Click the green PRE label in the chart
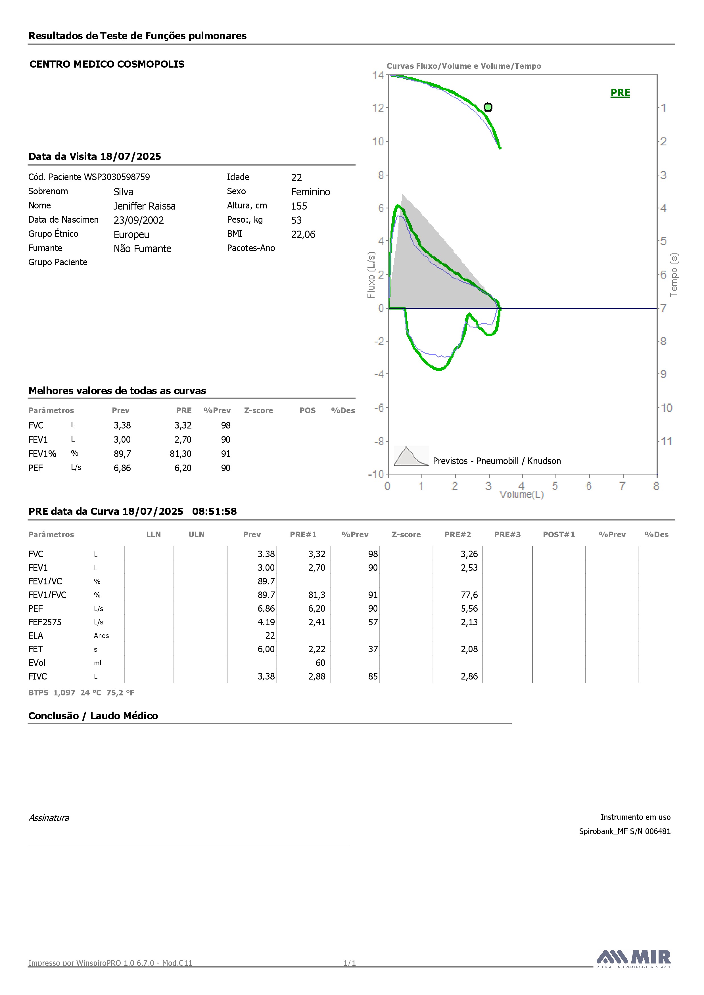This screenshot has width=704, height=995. click(x=620, y=93)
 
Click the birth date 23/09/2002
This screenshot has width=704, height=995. click(x=139, y=220)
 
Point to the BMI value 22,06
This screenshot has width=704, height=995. click(x=303, y=235)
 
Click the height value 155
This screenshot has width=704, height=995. click(x=299, y=206)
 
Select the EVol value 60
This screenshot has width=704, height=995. click(x=320, y=662)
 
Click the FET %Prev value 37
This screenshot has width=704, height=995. click(x=373, y=649)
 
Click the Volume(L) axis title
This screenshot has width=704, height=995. click(x=521, y=494)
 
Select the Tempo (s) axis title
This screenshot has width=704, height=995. click(x=673, y=275)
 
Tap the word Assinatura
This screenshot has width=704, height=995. click(x=49, y=818)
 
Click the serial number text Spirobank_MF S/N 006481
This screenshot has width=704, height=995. click(x=625, y=831)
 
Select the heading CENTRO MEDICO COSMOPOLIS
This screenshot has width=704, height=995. click(x=107, y=64)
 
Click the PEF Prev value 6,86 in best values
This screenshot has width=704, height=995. click(x=122, y=468)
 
